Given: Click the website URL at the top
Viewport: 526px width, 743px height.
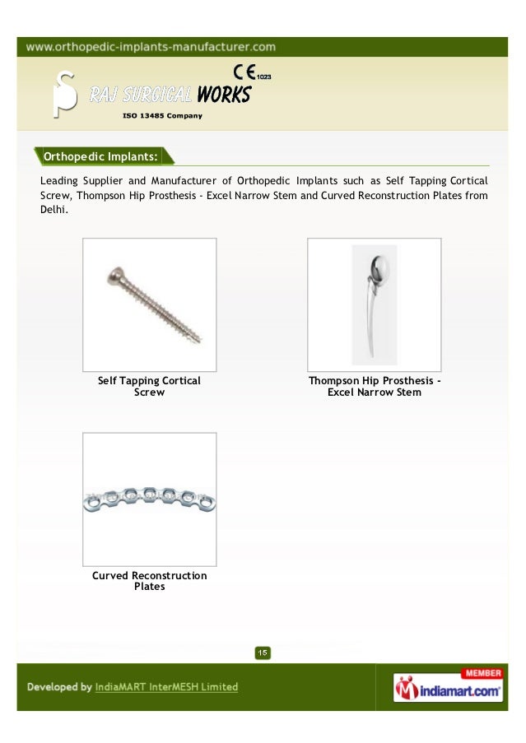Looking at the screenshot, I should click(151, 47).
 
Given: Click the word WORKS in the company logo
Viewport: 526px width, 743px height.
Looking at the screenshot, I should click(223, 95).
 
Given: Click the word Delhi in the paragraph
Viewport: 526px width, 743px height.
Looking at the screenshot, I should click(54, 210).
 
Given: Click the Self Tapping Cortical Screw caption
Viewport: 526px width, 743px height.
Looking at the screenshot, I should click(149, 387).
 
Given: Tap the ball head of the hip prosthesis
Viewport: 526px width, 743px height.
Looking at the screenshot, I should click(379, 267).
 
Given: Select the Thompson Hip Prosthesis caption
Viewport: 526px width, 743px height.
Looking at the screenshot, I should click(374, 387).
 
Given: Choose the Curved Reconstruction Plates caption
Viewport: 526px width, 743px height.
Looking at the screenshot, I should click(149, 581).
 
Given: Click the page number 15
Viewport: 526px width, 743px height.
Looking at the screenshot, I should click(262, 653).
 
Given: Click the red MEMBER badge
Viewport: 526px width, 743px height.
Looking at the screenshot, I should click(483, 673).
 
